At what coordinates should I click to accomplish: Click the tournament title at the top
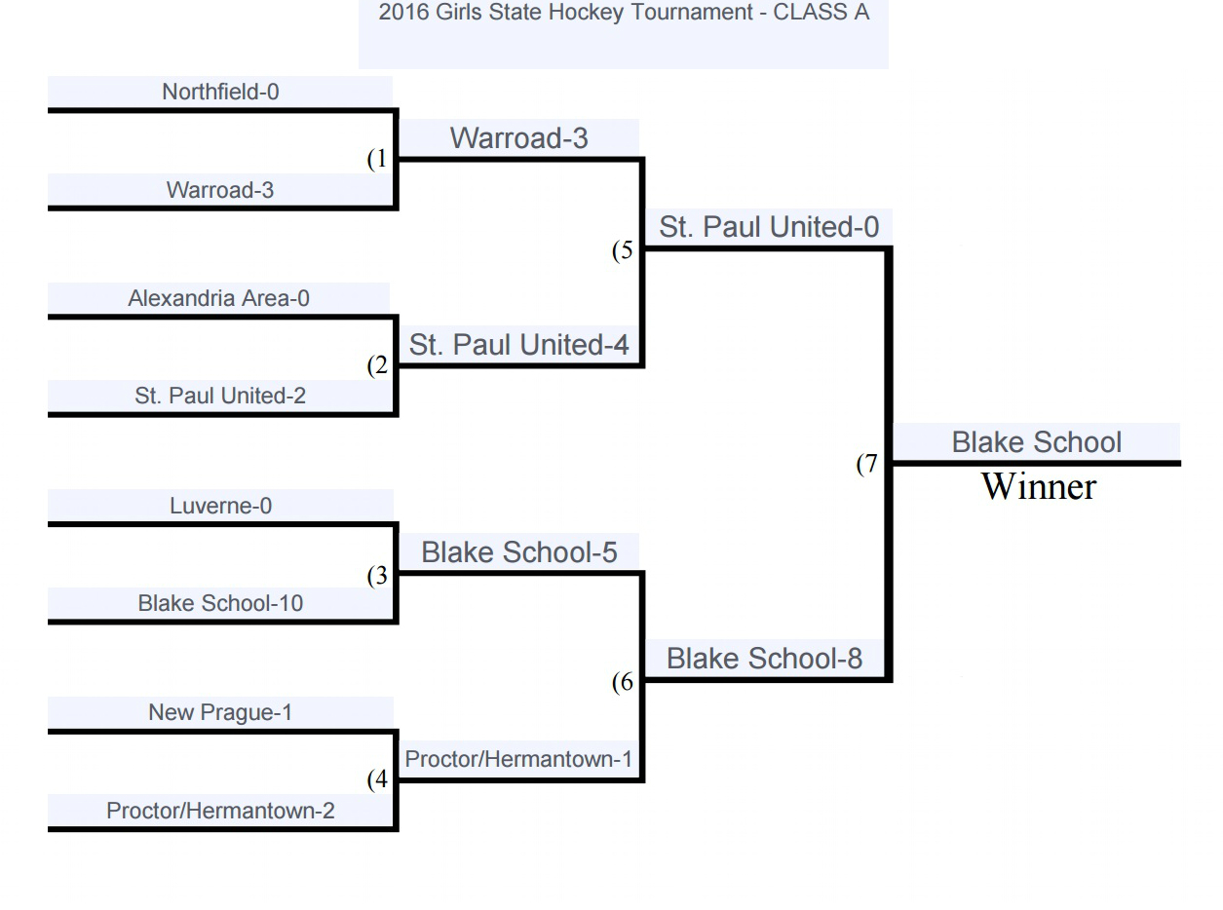(x=624, y=14)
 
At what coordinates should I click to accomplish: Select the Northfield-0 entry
(x=220, y=92)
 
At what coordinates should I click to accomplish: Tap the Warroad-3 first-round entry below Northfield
(x=220, y=190)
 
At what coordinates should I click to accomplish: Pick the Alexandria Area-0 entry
(x=218, y=298)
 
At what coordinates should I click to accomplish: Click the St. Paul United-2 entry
(x=220, y=397)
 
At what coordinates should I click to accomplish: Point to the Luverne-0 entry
(x=220, y=506)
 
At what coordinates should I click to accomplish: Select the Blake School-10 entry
(x=220, y=603)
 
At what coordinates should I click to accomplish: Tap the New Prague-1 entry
(x=220, y=712)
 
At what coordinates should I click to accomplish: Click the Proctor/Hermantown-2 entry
(x=220, y=811)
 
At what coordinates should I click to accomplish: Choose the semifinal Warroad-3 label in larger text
(x=518, y=138)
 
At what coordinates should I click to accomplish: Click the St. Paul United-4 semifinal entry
(x=518, y=345)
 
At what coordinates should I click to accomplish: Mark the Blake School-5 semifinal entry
(x=518, y=552)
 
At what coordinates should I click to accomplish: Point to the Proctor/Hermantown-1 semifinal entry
(x=518, y=759)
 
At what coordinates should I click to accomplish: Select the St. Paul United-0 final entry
(x=769, y=227)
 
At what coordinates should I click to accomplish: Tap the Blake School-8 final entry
(x=765, y=659)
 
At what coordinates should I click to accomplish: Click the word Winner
(x=1038, y=486)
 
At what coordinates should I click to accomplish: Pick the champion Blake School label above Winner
(x=1037, y=442)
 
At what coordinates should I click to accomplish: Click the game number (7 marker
(x=867, y=465)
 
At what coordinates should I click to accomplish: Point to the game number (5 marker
(x=623, y=250)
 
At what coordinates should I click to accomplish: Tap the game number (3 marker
(x=377, y=576)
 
